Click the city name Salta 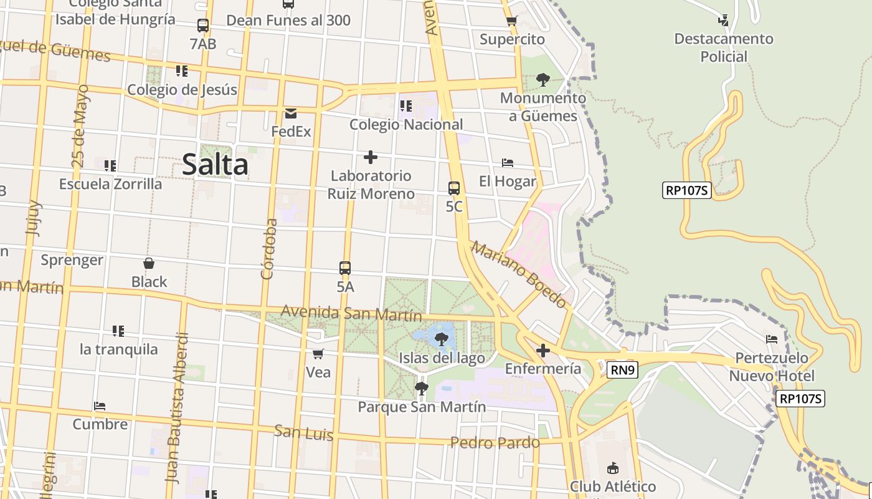(x=215, y=165)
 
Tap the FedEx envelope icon (x=291, y=114)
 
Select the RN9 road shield (x=623, y=371)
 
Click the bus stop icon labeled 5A (x=345, y=268)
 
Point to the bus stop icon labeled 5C (x=454, y=188)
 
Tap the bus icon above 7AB (x=203, y=26)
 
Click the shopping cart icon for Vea (x=318, y=354)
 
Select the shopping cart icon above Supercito (x=512, y=21)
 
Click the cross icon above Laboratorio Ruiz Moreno (x=371, y=157)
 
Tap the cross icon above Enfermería (x=543, y=351)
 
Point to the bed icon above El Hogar (x=508, y=163)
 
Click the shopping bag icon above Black (x=149, y=263)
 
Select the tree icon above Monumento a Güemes (x=543, y=80)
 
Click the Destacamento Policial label (x=723, y=47)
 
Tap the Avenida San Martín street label (x=351, y=313)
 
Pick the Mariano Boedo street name (x=519, y=274)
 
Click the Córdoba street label (x=268, y=248)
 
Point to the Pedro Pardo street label (x=495, y=443)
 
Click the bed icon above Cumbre (x=100, y=406)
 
